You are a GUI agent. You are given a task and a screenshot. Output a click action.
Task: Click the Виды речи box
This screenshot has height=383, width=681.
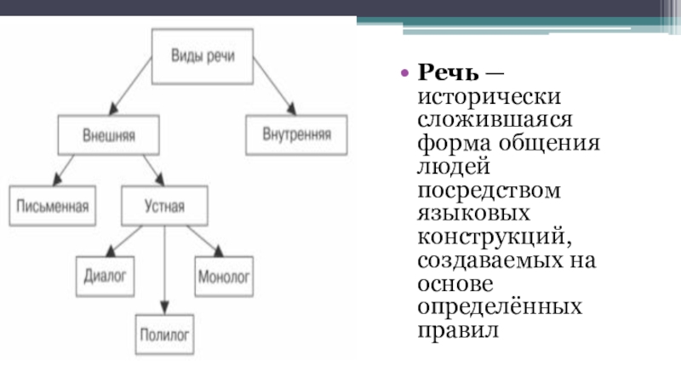tap(201, 57)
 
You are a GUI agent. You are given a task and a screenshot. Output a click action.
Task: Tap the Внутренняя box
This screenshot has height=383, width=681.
tap(288, 134)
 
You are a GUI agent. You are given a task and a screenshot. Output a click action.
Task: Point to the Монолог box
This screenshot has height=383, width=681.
tap(223, 276)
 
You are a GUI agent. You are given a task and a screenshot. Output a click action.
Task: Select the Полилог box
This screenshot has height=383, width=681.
tap(166, 334)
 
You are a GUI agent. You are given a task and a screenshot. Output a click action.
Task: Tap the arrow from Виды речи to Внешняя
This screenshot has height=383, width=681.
tap(129, 90)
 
